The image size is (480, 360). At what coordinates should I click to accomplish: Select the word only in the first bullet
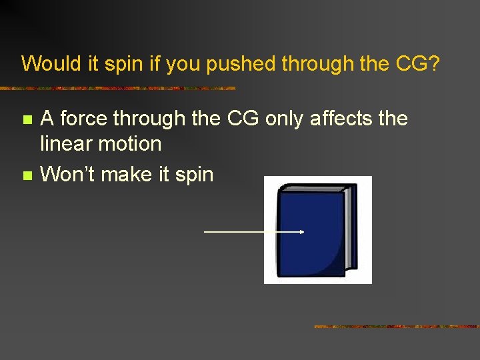point(284,119)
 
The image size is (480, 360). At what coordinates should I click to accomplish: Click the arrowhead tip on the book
point(303,232)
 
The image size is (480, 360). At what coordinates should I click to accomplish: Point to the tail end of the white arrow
point(205,232)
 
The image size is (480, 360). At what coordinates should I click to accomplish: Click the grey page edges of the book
point(349,227)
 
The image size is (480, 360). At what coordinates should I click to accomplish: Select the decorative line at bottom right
point(396,327)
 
